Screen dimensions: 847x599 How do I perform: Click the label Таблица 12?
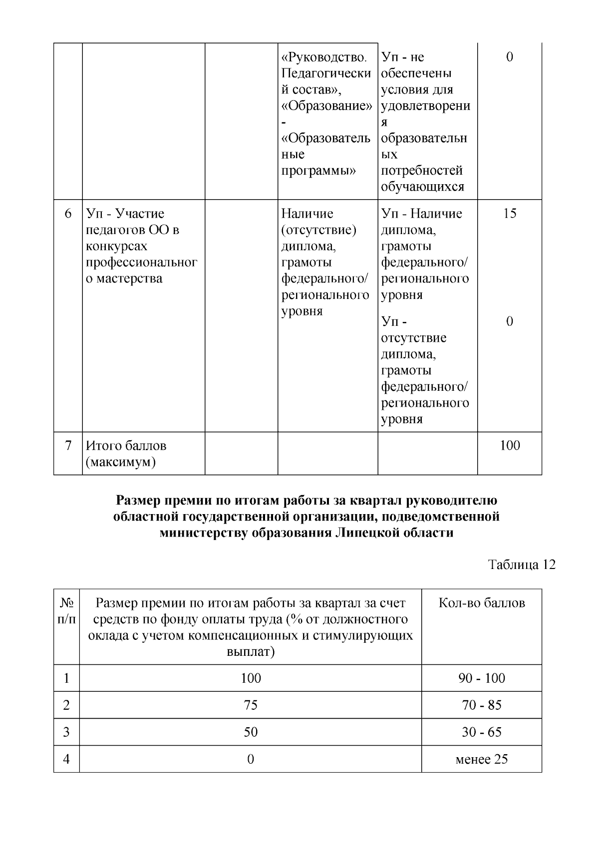[x=522, y=565]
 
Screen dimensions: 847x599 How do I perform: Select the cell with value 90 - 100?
[x=482, y=678]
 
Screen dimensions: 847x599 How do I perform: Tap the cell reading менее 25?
[x=482, y=759]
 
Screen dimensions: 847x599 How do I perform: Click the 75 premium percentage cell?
[x=251, y=705]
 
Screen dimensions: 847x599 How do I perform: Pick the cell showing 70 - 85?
[x=482, y=705]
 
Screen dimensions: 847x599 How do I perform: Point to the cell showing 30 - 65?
[x=482, y=732]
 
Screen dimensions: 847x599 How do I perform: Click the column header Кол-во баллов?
[x=482, y=603]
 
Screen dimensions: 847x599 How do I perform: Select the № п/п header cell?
[x=67, y=611]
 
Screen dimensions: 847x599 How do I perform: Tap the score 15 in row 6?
[x=510, y=214]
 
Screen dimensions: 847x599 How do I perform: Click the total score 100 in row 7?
[x=510, y=445]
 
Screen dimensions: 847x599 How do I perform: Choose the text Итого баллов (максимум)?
[x=126, y=454]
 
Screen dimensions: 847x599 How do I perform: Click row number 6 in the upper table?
[x=68, y=214]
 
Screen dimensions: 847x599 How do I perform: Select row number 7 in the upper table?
[x=68, y=445]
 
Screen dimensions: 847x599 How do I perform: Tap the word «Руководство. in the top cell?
[x=327, y=57]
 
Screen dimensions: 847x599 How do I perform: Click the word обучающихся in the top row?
[x=423, y=187]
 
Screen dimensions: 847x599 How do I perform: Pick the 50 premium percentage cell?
[x=251, y=732]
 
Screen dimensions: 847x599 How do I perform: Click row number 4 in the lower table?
[x=66, y=759]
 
